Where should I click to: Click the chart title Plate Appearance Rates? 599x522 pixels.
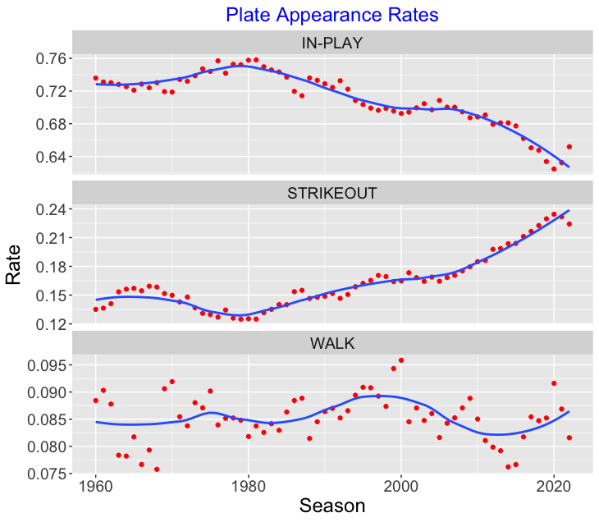point(332,15)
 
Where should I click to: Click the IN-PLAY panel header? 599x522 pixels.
point(332,43)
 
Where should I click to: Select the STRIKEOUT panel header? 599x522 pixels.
point(332,193)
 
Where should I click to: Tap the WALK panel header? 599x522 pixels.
point(332,343)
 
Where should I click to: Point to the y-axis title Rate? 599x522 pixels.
point(14,268)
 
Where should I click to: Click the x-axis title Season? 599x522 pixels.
point(332,506)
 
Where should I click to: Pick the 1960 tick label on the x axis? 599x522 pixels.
point(96,485)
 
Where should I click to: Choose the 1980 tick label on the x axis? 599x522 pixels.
point(249,485)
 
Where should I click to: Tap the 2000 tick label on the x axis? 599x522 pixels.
point(401,485)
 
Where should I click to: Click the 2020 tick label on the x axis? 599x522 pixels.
point(554,485)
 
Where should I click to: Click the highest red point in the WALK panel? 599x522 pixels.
point(401,359)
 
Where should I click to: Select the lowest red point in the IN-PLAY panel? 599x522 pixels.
point(554,168)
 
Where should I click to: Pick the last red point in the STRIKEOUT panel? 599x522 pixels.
point(569,224)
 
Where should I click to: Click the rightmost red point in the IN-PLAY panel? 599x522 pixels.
point(569,147)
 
